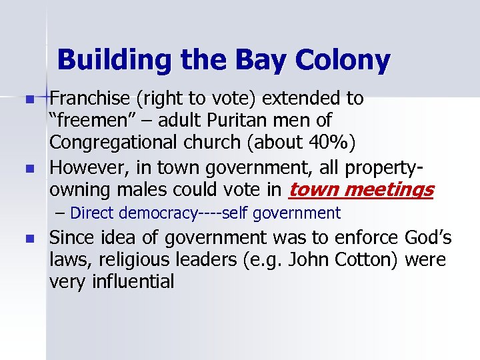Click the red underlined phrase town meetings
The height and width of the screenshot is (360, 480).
click(x=360, y=190)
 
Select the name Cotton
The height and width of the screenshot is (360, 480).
click(x=367, y=260)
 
